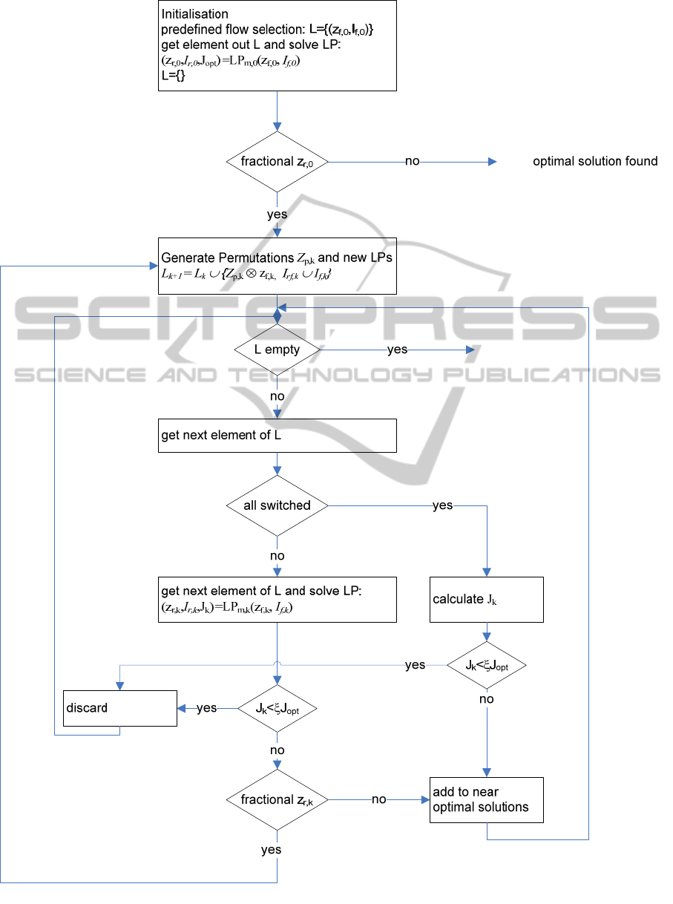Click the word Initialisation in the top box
[194, 14]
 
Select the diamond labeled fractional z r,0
[277, 161]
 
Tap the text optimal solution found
[595, 161]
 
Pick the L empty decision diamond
[277, 350]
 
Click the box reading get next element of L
[277, 436]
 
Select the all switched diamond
[277, 506]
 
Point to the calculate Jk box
[487, 599]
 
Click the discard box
[119, 708]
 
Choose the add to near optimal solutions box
[487, 800]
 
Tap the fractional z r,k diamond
[277, 800]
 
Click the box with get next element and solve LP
[277, 599]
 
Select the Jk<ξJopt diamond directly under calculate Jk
[487, 665]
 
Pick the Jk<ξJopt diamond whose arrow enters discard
[277, 709]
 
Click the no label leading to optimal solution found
[412, 161]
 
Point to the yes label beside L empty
[397, 350]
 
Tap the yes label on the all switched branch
[442, 506]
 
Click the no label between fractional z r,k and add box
[379, 800]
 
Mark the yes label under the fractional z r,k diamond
[272, 850]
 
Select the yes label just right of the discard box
[207, 709]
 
